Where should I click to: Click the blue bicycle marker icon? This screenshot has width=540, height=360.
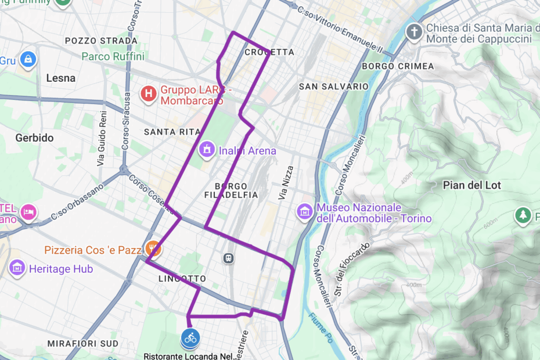(190, 337)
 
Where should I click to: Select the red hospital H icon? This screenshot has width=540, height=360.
(149, 93)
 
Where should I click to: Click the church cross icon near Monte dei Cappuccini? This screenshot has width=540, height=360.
(413, 31)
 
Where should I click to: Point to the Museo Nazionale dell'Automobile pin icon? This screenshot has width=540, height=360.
(304, 212)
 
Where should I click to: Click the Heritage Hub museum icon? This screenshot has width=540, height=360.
(17, 268)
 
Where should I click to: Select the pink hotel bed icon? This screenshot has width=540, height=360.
(28, 212)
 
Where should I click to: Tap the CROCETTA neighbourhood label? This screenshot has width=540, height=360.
(269, 52)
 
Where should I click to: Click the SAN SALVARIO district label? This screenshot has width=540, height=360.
(333, 87)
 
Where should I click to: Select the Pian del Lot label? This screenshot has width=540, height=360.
(471, 185)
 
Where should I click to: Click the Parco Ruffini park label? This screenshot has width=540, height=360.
(113, 57)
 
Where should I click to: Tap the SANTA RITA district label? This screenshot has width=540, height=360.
(171, 132)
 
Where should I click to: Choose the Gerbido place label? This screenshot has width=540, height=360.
(34, 138)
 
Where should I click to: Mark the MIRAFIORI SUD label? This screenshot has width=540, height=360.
(82, 343)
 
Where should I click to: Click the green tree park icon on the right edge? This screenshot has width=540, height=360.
(523, 215)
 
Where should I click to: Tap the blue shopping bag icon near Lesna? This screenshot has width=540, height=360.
(28, 59)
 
